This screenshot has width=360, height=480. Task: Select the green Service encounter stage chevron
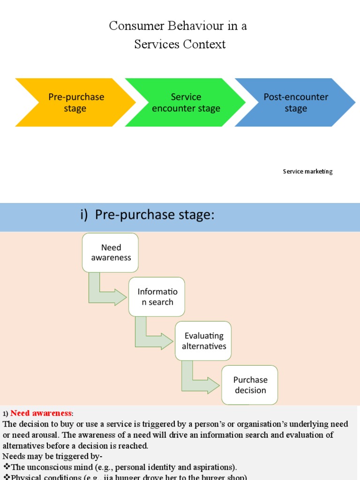click(186, 103)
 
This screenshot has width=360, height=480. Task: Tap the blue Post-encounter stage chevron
click(295, 103)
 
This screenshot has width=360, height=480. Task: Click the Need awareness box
click(111, 253)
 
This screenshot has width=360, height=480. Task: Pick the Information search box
click(157, 297)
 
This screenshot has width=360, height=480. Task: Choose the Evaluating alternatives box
click(203, 341)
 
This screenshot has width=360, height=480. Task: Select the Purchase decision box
click(250, 385)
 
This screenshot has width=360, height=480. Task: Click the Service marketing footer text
click(307, 172)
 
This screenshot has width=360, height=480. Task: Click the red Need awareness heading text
click(41, 413)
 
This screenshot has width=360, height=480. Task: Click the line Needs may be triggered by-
click(52, 456)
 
